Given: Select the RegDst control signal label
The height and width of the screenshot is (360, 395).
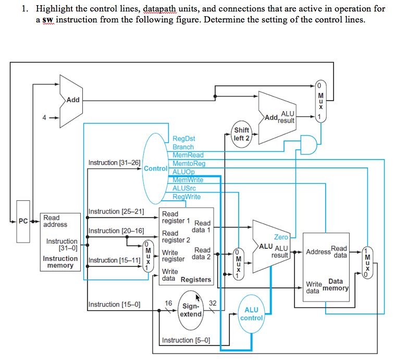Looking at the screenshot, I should [184, 139].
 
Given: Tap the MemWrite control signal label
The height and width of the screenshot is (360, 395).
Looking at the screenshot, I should [188, 179].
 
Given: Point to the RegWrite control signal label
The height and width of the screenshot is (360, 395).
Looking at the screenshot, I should [186, 197].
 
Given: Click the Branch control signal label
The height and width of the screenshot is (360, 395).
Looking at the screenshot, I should [183, 147].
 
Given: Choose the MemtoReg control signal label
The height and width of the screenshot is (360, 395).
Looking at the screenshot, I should [189, 163].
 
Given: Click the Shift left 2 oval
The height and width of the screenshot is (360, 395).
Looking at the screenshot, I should [242, 134].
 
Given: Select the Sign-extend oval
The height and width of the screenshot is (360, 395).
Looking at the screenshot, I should [190, 310].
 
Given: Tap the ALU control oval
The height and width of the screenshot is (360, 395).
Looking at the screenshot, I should [251, 314].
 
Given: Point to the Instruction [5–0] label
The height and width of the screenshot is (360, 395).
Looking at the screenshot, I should [186, 340].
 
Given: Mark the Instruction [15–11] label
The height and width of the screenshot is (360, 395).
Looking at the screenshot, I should [114, 260].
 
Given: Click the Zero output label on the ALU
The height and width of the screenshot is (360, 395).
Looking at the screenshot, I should [281, 237].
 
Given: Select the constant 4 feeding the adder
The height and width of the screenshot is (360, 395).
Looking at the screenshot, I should [45, 117].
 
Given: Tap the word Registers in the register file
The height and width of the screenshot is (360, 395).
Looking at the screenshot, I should [196, 280].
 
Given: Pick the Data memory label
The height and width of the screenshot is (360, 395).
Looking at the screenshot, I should [336, 285].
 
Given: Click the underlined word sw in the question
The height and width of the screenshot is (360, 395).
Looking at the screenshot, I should [48, 20].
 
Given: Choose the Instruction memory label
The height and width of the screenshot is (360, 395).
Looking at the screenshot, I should [60, 262].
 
